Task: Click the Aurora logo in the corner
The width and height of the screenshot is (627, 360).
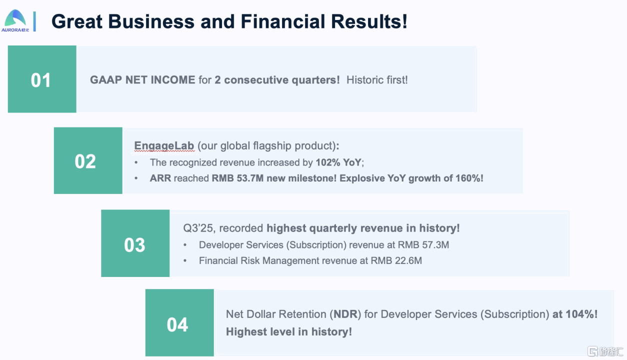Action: pos(15,21)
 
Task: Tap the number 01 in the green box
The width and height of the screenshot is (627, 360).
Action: pos(40,80)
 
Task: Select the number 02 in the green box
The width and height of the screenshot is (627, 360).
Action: pos(85,161)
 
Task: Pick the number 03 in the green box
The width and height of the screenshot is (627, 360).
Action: pos(134,245)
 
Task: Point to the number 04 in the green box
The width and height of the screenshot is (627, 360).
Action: pos(177,324)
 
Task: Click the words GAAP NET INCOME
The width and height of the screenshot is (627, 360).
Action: pos(142,80)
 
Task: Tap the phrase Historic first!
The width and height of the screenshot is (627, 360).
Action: pos(377,80)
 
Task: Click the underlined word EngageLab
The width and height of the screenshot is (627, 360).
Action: pos(164,146)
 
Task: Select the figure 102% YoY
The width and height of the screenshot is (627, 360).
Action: pos(338,162)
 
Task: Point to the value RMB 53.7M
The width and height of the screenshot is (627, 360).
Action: pos(237,178)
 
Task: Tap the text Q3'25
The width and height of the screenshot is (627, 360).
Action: pos(198,228)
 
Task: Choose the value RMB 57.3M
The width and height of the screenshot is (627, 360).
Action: pos(423,245)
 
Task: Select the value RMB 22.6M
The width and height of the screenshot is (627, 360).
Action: pos(396,260)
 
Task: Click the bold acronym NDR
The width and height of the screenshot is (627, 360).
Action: pos(345,314)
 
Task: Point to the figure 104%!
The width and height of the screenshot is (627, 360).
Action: pos(581,314)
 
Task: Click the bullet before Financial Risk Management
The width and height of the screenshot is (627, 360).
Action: pos(185,261)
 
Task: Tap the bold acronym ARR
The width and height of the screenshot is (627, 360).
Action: pos(160,178)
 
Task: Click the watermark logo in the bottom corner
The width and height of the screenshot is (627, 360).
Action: pos(605,351)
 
